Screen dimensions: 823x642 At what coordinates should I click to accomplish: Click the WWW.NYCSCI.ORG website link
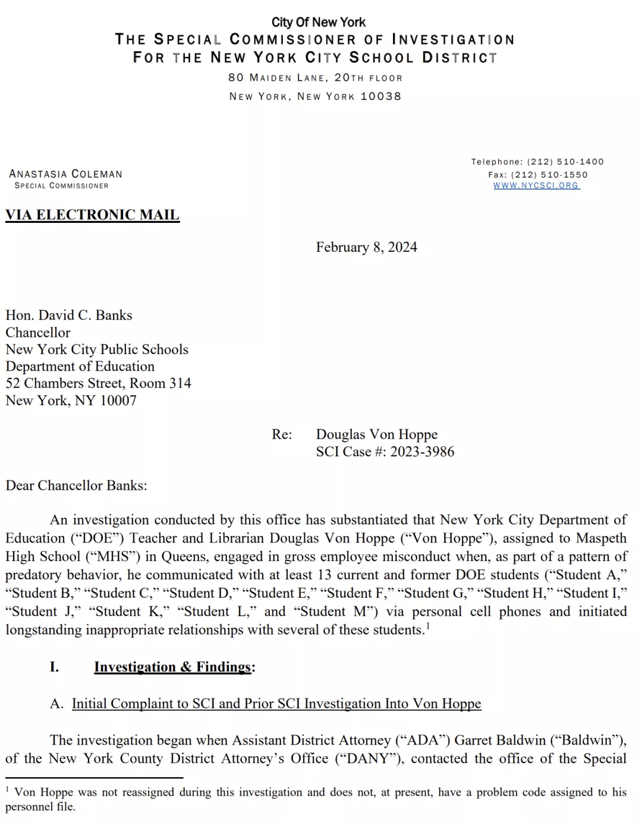(536, 185)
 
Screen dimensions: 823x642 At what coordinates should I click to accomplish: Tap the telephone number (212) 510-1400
(565, 162)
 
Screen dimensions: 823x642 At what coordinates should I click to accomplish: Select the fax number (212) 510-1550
(549, 175)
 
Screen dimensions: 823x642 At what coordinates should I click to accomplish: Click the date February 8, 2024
(366, 247)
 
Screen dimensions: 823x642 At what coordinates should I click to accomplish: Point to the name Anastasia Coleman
(65, 174)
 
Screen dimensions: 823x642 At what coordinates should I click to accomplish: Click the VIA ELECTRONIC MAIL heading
(92, 215)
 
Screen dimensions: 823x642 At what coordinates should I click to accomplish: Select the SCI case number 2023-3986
(422, 452)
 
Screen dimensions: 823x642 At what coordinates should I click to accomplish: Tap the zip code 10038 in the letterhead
(381, 96)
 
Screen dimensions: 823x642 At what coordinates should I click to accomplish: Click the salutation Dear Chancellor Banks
(76, 485)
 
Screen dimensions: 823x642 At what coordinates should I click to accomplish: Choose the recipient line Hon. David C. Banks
(69, 316)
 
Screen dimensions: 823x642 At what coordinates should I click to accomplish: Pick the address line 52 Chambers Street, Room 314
(98, 383)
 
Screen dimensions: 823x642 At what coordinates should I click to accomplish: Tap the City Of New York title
(319, 23)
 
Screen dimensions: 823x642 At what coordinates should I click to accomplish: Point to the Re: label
(282, 434)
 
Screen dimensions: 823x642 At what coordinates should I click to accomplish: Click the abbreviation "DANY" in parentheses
(369, 759)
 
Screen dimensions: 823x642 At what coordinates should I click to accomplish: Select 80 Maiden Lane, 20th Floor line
(315, 78)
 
